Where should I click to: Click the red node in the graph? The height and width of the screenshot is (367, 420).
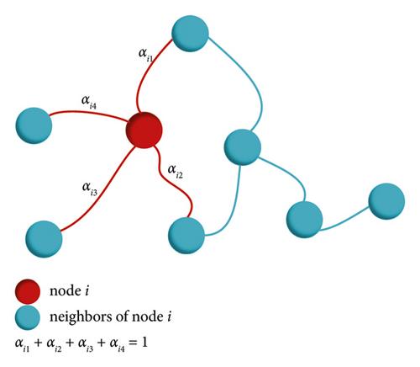(144, 130)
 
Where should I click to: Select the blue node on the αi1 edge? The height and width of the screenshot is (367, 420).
(190, 34)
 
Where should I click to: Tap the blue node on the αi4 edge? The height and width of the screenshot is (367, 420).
(34, 125)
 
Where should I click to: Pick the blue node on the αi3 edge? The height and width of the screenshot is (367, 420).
(44, 239)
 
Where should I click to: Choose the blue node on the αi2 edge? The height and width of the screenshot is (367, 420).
(186, 236)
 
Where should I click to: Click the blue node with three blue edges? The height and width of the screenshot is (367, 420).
(243, 147)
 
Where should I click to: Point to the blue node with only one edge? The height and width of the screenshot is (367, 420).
(386, 201)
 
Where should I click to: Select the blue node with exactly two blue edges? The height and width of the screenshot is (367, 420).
(305, 220)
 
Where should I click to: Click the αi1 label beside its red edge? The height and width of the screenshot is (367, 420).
(146, 55)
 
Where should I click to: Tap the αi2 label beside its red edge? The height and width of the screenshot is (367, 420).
(176, 171)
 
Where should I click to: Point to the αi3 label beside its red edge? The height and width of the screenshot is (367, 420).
(90, 189)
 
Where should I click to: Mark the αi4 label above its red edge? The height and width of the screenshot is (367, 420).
(89, 102)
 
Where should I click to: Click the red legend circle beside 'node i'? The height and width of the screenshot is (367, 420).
(28, 291)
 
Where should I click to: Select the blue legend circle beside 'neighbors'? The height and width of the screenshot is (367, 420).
(28, 317)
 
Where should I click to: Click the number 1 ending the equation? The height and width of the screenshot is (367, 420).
(144, 343)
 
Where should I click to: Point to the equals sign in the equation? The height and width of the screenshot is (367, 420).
(133, 343)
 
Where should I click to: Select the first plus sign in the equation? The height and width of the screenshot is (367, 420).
(38, 343)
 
